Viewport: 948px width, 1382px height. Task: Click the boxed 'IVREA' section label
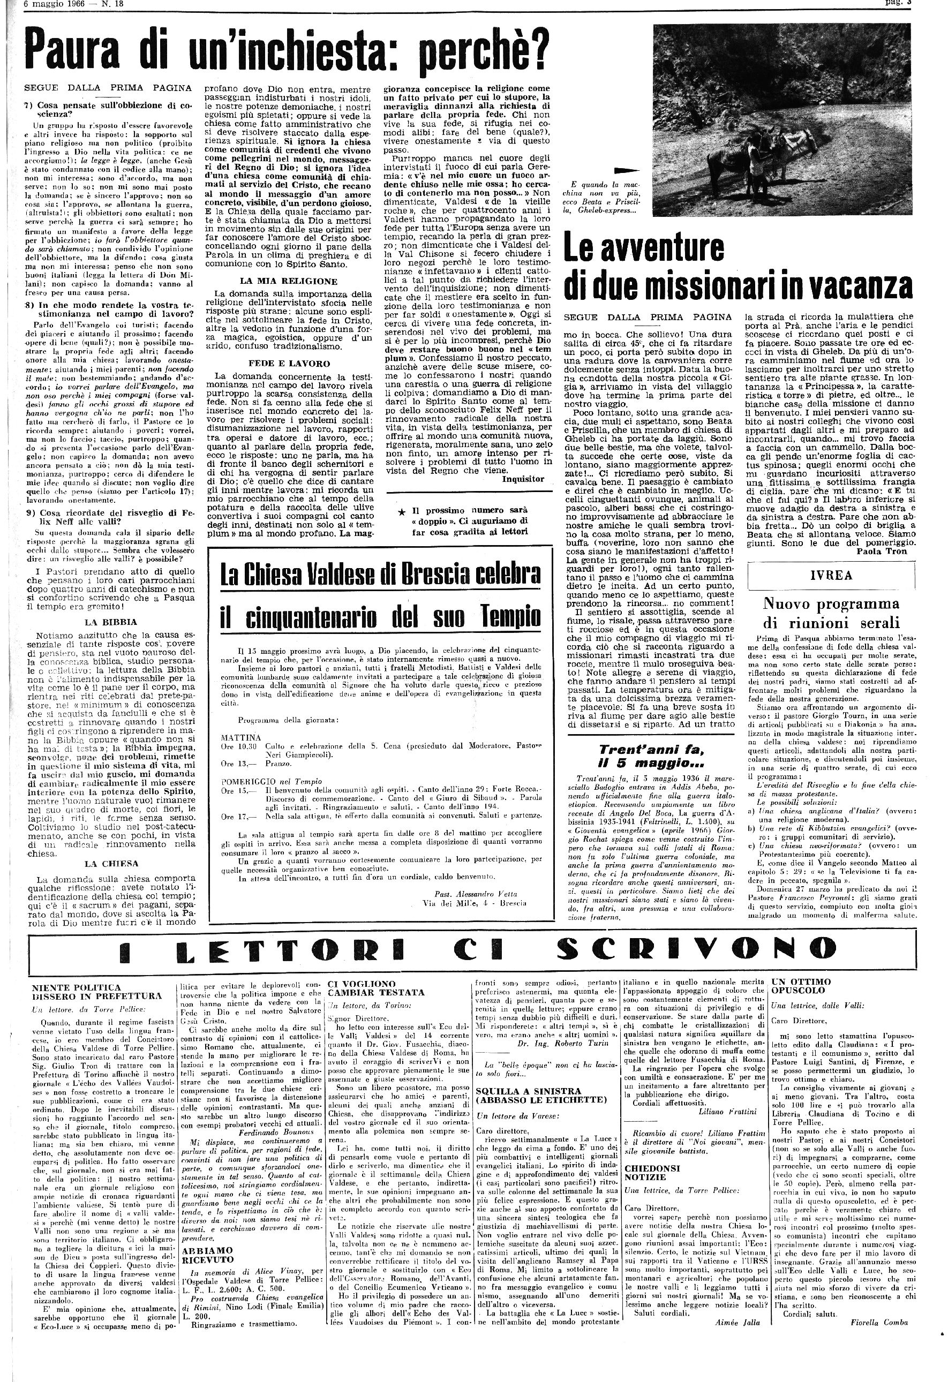pos(831,575)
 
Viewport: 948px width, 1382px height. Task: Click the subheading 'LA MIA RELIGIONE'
pos(289,281)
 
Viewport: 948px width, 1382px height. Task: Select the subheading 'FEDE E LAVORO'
pos(289,364)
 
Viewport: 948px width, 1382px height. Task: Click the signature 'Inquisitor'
pos(523,479)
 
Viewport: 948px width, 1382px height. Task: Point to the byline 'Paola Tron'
pos(882,552)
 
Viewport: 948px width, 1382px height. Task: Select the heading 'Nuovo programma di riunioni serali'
pos(831,613)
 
